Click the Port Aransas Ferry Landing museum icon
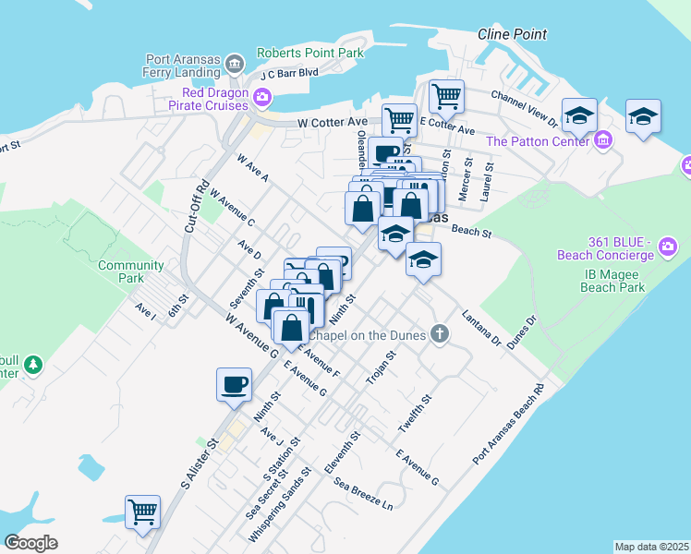(234, 64)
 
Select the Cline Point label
(513, 34)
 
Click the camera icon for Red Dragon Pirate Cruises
(263, 97)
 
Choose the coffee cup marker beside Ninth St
(233, 382)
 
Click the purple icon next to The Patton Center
(604, 140)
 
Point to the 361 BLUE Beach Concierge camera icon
(669, 247)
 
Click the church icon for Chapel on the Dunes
(441, 334)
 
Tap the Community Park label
(131, 271)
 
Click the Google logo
(31, 542)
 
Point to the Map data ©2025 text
(651, 547)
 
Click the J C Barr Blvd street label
(289, 73)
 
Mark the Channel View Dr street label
(525, 108)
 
